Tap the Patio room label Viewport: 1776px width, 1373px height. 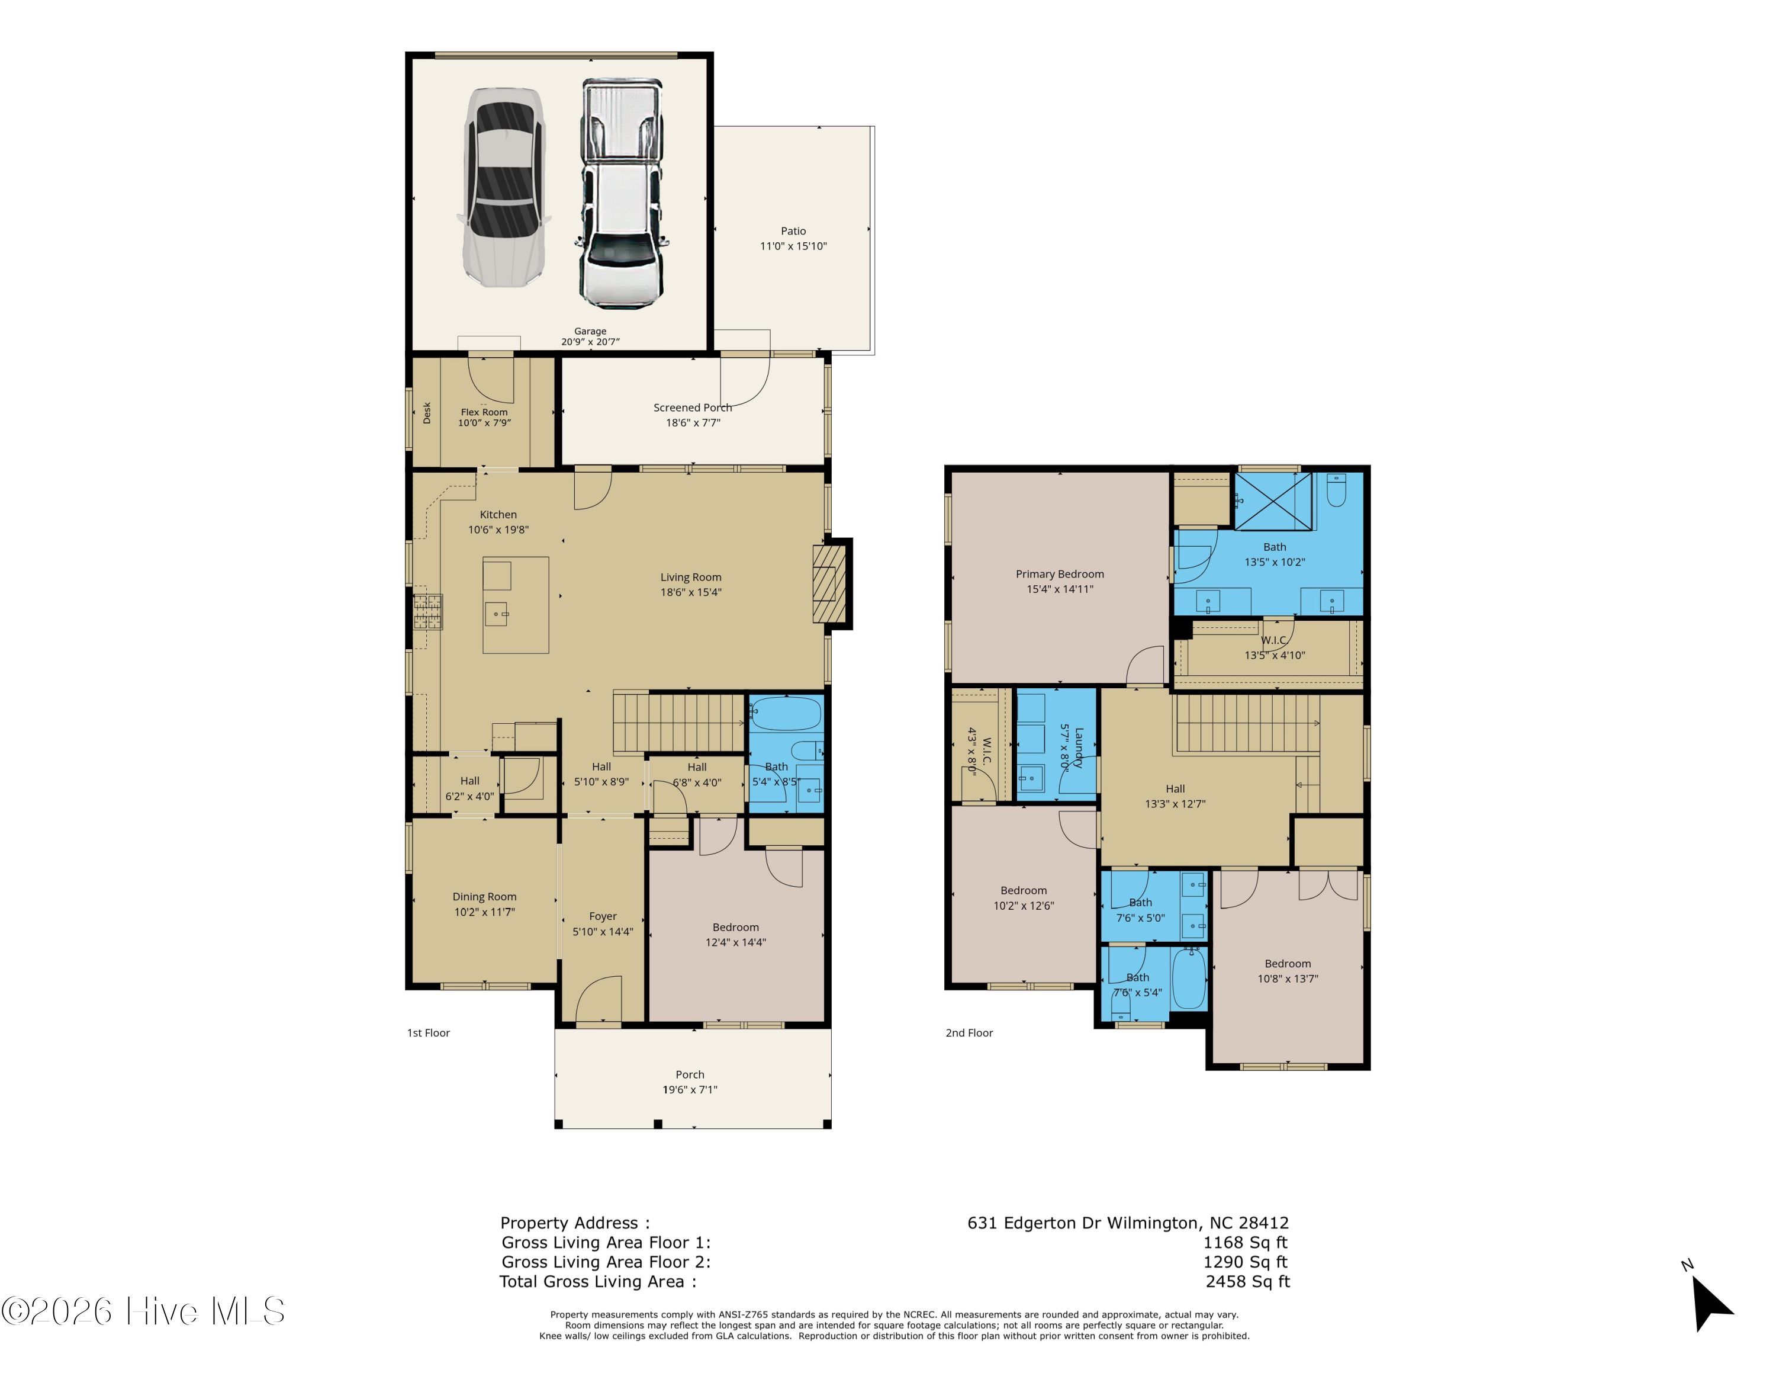[794, 231]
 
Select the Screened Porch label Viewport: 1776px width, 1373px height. [693, 408]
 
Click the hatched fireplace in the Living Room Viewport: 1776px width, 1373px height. [829, 583]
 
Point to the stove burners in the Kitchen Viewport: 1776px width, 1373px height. [428, 612]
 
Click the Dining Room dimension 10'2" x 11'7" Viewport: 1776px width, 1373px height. [485, 912]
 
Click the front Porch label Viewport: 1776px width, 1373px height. [690, 1074]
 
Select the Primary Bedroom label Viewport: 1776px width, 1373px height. [1060, 574]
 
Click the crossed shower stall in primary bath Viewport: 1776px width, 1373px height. [1273, 502]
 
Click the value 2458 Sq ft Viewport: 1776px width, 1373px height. [1247, 1281]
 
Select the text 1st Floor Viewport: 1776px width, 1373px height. [429, 1033]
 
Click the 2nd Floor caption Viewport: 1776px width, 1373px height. [969, 1033]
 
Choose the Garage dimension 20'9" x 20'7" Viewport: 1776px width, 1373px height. [590, 342]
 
